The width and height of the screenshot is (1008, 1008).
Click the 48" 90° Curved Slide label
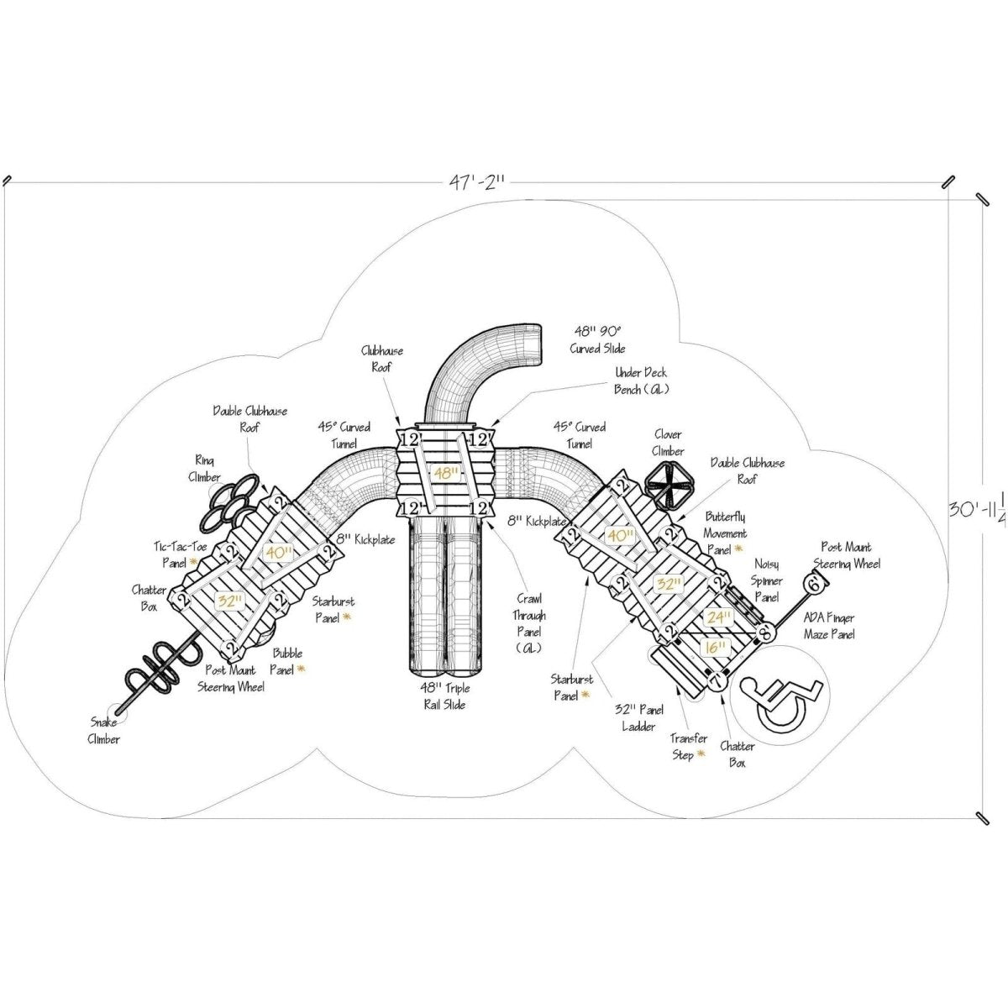click(600, 339)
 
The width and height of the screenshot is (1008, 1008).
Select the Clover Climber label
click(668, 443)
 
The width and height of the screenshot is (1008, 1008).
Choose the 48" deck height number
click(446, 474)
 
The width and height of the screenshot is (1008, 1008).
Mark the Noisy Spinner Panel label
click(768, 580)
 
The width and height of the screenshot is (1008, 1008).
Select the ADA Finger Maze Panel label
click(829, 627)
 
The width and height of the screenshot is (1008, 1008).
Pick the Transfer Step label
click(688, 747)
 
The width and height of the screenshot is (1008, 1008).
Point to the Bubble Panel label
click(287, 660)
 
